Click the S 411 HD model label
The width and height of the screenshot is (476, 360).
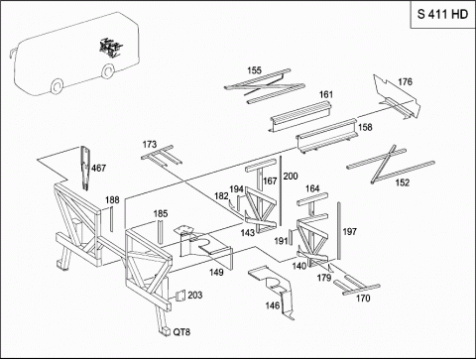[x=442, y=14]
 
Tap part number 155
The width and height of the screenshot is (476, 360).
[x=254, y=70]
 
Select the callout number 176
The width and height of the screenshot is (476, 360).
[x=405, y=81]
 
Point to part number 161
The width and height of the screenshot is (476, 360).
[x=326, y=94]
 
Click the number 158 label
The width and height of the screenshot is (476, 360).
[x=365, y=127]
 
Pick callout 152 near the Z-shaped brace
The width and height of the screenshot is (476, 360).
[x=403, y=182]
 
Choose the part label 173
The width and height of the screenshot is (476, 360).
[x=150, y=145]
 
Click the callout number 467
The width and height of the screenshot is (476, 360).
[x=98, y=168]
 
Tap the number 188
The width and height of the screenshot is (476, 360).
[x=112, y=200]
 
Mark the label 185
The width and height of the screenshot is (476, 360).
[x=161, y=213]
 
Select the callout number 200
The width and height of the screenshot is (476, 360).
[x=291, y=177]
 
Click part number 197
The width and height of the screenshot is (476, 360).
[x=350, y=232]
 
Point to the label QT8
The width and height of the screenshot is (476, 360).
[x=181, y=332]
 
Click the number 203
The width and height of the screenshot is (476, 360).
[x=195, y=295]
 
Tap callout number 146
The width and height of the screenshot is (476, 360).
[x=273, y=305]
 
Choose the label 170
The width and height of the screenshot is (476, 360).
[x=363, y=299]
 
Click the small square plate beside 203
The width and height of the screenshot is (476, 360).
[x=180, y=296]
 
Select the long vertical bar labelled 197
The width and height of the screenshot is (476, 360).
[x=339, y=231]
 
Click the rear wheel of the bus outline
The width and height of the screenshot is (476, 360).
[x=108, y=70]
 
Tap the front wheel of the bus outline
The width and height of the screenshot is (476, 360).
[x=58, y=86]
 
